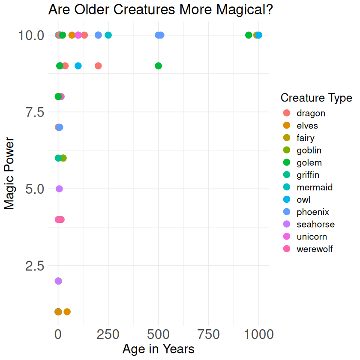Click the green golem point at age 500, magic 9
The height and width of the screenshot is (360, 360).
click(x=158, y=66)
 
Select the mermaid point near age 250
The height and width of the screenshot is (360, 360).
click(x=108, y=35)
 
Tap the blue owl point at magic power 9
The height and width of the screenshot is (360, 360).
click(x=78, y=66)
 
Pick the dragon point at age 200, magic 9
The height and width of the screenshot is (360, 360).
click(x=98, y=66)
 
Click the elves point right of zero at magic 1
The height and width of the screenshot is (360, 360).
click(x=67, y=312)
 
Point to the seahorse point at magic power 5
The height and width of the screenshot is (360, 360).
click(x=59, y=189)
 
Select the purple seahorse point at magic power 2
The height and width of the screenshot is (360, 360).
click(x=58, y=281)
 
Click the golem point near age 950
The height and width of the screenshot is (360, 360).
click(x=249, y=35)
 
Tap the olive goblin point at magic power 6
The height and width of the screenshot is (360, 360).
click(x=63, y=158)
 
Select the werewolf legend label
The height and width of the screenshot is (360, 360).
click(x=314, y=249)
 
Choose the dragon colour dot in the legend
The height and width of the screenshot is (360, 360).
click(x=287, y=113)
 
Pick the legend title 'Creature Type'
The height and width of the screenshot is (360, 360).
click(x=316, y=98)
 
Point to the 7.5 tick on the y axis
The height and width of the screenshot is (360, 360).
click(x=31, y=112)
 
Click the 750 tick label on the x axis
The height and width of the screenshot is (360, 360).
click(x=208, y=333)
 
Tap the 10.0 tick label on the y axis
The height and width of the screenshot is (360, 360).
click(x=31, y=35)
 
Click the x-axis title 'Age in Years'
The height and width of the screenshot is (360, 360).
click(x=158, y=349)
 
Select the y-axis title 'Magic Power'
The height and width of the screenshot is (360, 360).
click(x=9, y=174)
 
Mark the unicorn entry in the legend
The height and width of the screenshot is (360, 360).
click(x=312, y=237)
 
